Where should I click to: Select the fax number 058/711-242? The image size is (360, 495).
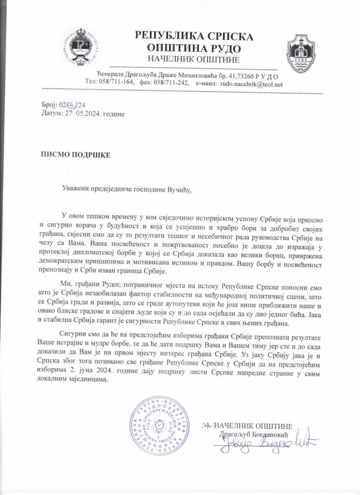click(173, 84)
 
